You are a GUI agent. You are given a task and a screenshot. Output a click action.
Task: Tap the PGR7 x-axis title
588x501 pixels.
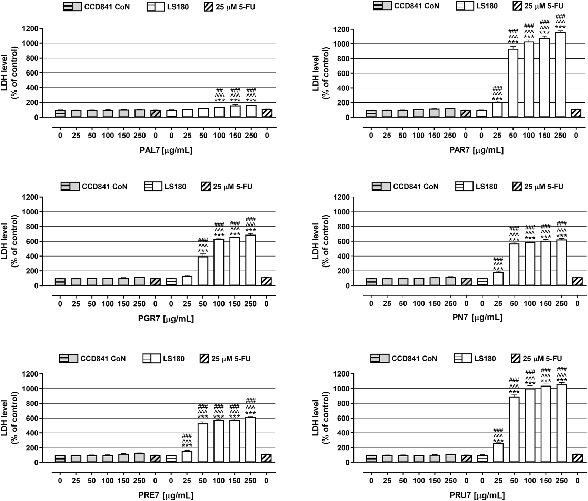[166, 319]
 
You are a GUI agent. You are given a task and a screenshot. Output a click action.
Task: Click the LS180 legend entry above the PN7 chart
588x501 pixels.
[476, 187]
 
